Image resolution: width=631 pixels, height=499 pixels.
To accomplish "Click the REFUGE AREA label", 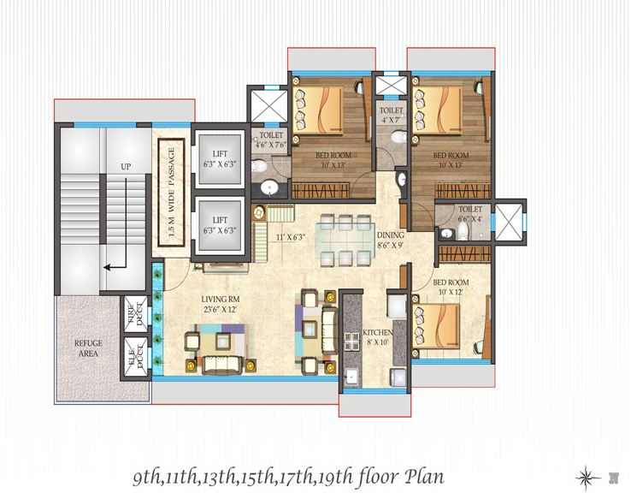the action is pyautogui.click(x=88, y=348).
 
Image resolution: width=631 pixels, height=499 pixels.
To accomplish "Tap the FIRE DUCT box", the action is pyautogui.click(x=136, y=314).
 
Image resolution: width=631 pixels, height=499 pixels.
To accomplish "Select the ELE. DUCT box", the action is pyautogui.click(x=136, y=357).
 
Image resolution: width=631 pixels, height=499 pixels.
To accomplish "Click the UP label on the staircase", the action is pyautogui.click(x=126, y=166).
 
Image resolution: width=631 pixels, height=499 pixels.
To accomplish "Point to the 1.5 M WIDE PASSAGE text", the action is pyautogui.click(x=172, y=192).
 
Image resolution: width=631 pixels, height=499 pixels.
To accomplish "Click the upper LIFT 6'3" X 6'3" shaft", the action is pyautogui.click(x=220, y=158).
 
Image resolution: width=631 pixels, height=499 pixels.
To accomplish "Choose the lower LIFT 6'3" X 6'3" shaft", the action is pyautogui.click(x=220, y=226).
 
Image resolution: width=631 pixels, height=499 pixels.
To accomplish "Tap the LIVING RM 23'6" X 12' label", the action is pyautogui.click(x=220, y=305).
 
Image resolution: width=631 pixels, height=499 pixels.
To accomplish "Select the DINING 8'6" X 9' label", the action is pyautogui.click(x=391, y=240).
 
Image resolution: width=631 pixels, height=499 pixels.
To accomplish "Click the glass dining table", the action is pyautogui.click(x=345, y=241).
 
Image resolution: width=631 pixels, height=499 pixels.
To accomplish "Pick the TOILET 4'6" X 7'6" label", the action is pyautogui.click(x=271, y=140).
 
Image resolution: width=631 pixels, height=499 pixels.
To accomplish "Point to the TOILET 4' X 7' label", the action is pyautogui.click(x=391, y=115).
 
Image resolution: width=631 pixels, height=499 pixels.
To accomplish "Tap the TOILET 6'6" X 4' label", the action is pyautogui.click(x=470, y=214).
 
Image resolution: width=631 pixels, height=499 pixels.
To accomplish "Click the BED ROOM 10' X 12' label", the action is pyautogui.click(x=451, y=287).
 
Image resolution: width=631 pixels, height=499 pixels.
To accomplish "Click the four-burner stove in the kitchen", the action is pyautogui.click(x=351, y=342).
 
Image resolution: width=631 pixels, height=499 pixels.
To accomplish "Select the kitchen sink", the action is pyautogui.click(x=353, y=377).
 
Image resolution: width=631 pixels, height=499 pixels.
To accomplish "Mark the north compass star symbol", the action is pyautogui.click(x=588, y=478).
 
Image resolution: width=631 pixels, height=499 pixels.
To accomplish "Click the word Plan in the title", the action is pyautogui.click(x=425, y=477).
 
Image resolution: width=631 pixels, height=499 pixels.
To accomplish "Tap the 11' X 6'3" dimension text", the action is pyautogui.click(x=291, y=237).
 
